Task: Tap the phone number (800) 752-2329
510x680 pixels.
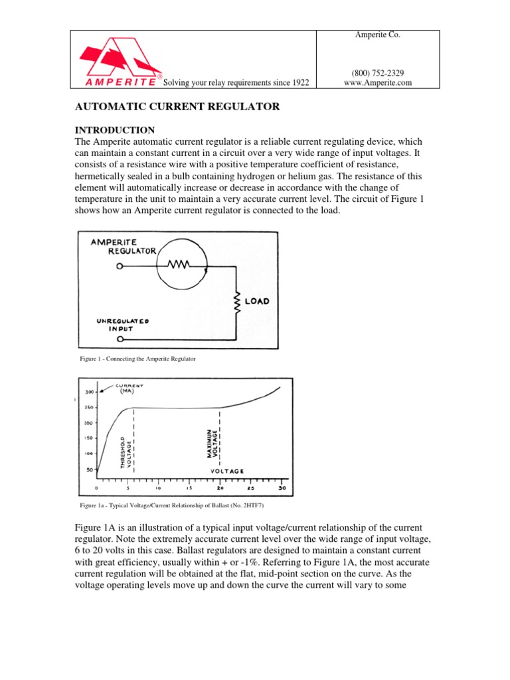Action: click(x=378, y=72)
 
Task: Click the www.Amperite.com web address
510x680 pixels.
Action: click(x=378, y=83)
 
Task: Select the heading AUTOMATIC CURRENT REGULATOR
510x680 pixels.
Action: click(x=176, y=106)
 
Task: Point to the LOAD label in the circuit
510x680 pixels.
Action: click(x=257, y=301)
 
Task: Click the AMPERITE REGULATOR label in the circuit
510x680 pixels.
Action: click(x=124, y=246)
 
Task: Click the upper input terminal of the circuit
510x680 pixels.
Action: click(x=120, y=266)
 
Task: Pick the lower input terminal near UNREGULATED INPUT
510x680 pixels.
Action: click(x=120, y=339)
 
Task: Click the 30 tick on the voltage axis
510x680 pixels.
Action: click(x=281, y=486)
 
